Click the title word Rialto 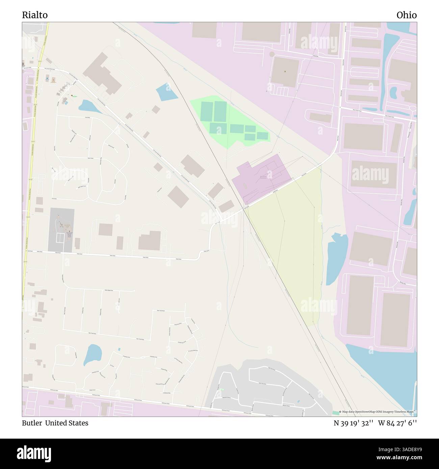(x=35, y=15)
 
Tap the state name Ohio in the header (x=407, y=15)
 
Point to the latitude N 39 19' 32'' (x=353, y=423)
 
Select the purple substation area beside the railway (x=262, y=177)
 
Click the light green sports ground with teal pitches (x=230, y=123)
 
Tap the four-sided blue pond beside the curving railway (x=167, y=92)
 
